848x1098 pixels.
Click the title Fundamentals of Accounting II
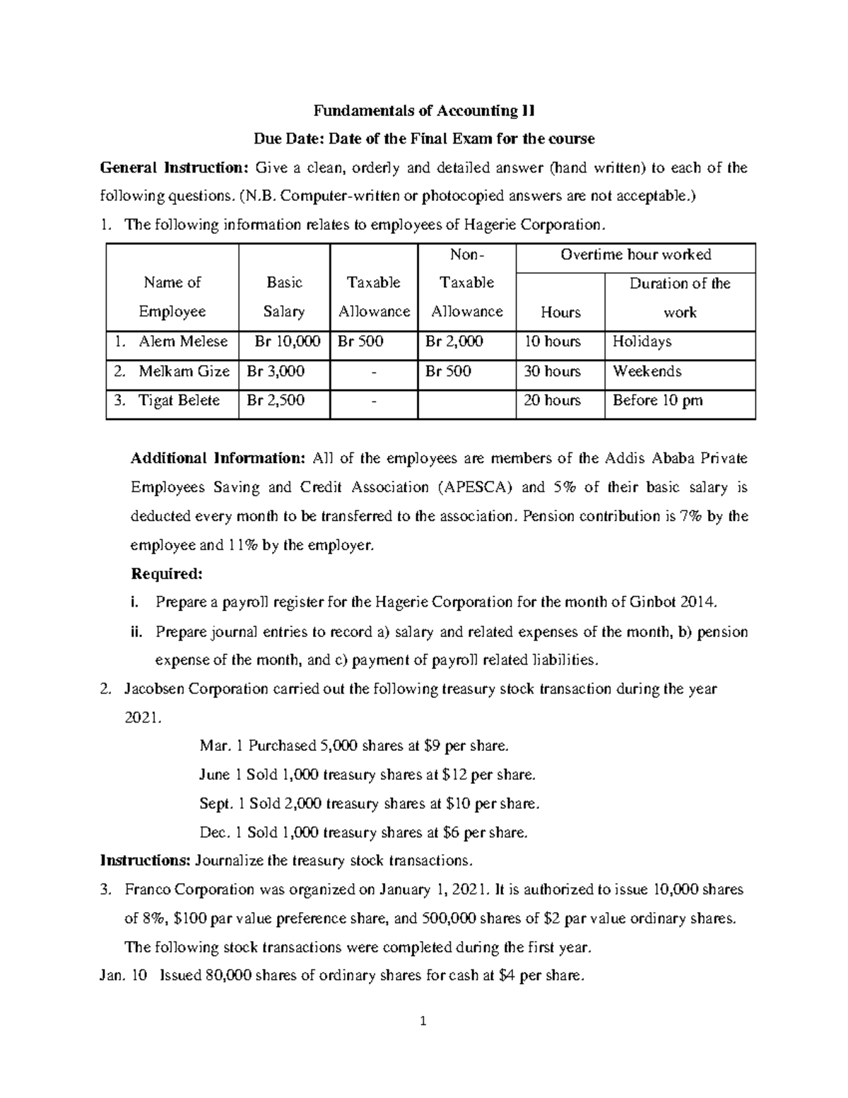coord(424,110)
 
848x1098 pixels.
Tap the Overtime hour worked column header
coord(635,255)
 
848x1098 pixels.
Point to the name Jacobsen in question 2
coord(154,689)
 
